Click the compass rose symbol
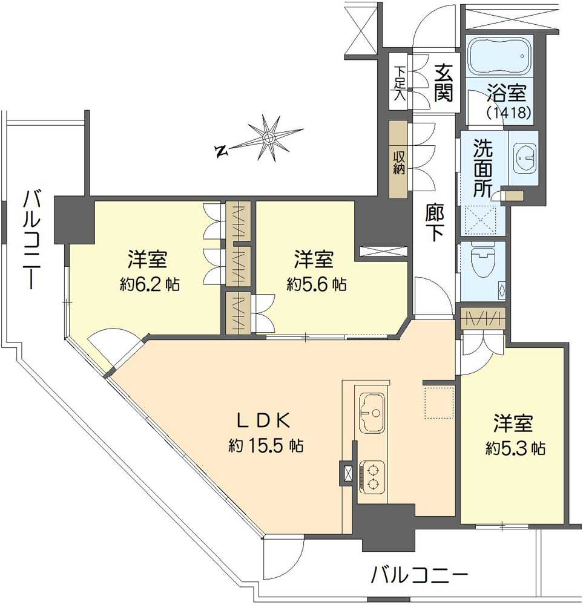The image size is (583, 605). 268,139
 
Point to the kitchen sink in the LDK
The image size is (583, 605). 371,413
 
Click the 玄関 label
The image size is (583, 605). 443,83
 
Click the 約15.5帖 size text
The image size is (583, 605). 266,446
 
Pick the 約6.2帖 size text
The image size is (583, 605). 149,284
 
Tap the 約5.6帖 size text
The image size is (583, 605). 316,284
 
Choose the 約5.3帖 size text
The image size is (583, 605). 515,448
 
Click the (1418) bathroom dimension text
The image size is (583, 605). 509,113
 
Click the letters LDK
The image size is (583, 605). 265,419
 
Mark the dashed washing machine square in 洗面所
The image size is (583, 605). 479,220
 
